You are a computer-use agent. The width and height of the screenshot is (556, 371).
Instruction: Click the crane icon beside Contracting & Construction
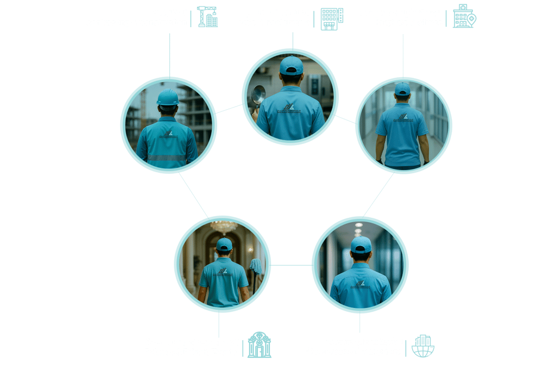(207, 17)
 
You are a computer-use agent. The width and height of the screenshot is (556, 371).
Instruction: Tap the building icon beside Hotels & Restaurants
(331, 19)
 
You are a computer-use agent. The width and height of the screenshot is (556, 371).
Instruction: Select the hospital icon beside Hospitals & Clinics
(464, 16)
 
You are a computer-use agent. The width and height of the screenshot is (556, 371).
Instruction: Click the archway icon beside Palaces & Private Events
(260, 345)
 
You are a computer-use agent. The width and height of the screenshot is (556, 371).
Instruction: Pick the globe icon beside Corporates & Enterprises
(423, 347)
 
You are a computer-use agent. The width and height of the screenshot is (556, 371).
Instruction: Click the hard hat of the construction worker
(168, 97)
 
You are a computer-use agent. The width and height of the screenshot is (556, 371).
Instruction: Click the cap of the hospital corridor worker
(402, 89)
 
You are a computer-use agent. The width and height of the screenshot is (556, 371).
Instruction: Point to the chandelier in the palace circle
(224, 225)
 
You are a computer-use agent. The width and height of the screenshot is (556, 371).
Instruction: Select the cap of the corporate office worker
(361, 244)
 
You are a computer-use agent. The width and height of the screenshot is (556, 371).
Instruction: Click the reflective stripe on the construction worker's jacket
(167, 158)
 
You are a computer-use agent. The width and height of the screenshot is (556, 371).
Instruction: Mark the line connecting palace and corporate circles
(292, 265)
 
